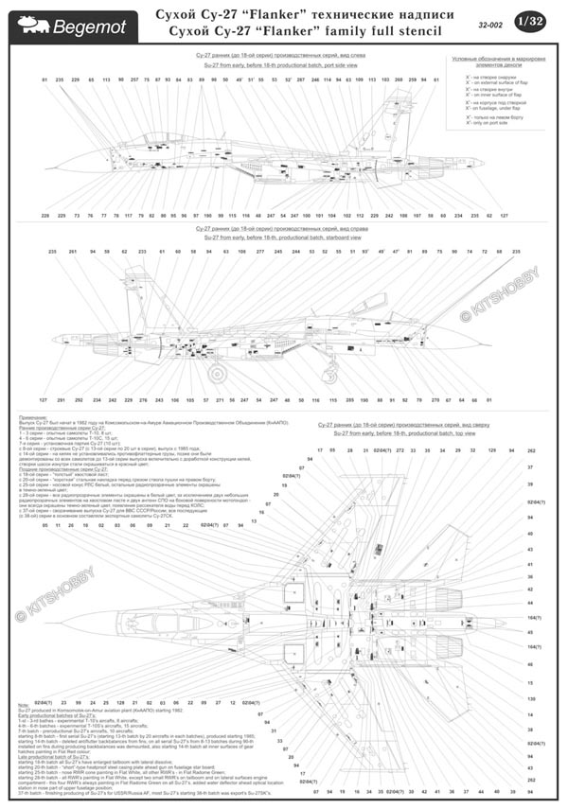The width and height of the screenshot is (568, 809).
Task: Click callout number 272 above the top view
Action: click(x=400, y=450)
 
